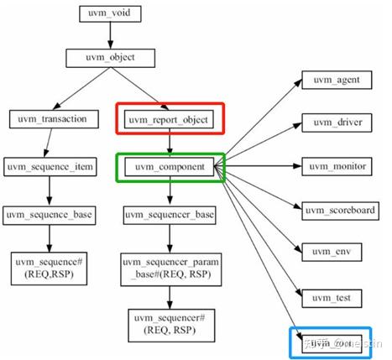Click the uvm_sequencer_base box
pos(171,215)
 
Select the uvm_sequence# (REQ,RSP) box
pos(50,269)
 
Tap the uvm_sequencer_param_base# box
pos(171,269)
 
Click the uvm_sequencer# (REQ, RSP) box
pos(171,325)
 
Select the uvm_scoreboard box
pos(341,209)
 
